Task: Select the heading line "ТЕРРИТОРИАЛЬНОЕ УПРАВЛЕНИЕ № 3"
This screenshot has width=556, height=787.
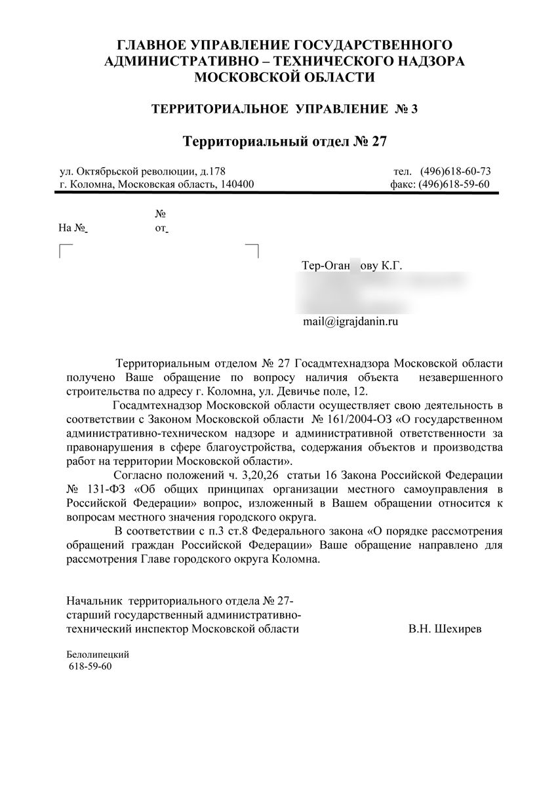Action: coord(285,108)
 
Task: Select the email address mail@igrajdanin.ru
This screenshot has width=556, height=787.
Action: coord(351,322)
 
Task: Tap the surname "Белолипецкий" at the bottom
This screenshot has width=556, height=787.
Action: coord(98,655)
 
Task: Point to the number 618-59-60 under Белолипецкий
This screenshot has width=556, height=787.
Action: coord(90,666)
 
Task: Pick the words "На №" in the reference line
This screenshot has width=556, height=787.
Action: coord(73,228)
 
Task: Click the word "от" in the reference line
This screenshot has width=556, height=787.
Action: coord(161,228)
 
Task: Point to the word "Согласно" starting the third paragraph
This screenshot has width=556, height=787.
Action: coord(136,475)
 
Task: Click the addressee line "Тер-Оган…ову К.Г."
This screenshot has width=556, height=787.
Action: coord(351,266)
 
